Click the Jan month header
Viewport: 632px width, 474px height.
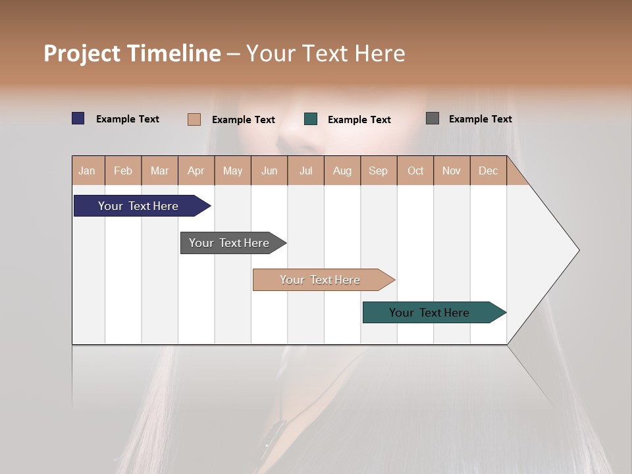point(88,171)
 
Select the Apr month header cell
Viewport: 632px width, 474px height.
point(196,171)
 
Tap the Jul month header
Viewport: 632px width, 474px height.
point(305,171)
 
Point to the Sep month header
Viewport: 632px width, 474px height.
point(379,171)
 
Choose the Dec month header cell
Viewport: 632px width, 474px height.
point(488,171)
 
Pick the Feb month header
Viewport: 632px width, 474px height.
point(123,171)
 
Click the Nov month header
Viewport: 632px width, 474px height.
point(452,171)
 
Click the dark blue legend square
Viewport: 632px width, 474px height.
point(78,118)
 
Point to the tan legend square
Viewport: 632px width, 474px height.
point(194,119)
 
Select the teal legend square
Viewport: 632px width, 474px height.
point(311,119)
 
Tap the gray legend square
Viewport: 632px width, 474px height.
point(433,118)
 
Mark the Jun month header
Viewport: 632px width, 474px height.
point(269,171)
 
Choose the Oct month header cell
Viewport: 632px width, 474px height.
point(415,171)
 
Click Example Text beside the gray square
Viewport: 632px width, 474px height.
point(480,119)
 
